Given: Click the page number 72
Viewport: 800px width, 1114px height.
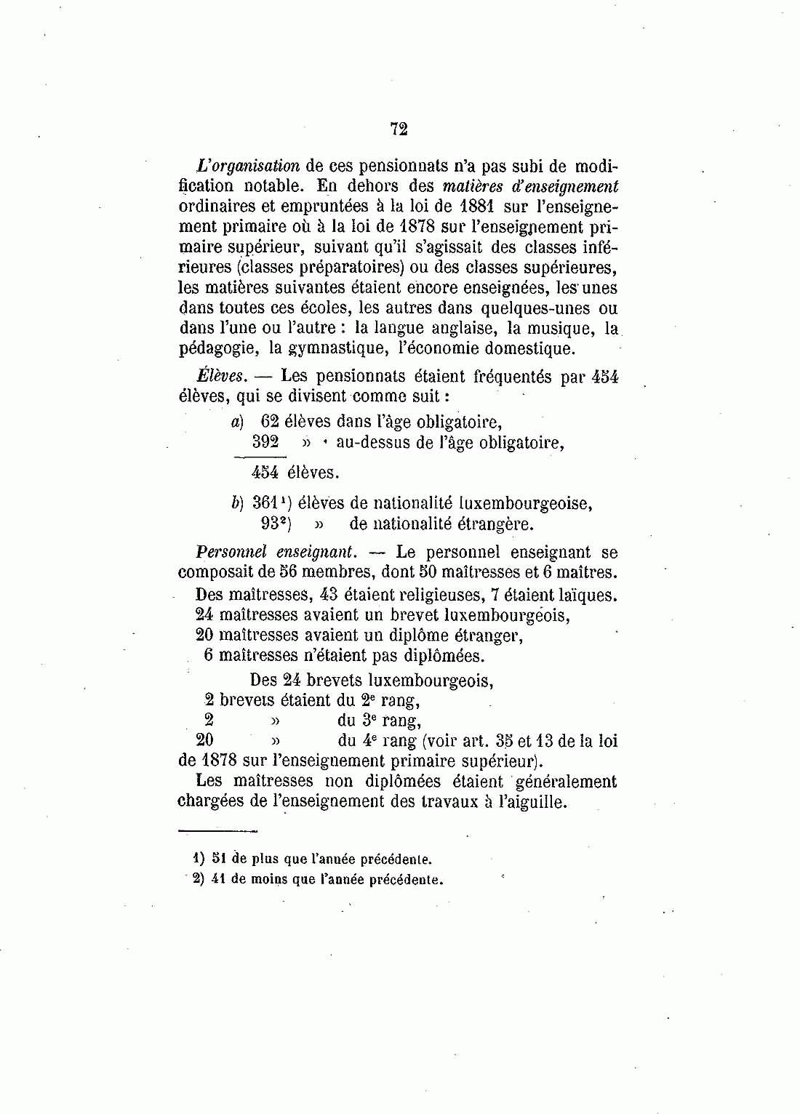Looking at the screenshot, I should click(399, 129).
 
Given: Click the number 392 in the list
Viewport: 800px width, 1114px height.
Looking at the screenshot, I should click(265, 441).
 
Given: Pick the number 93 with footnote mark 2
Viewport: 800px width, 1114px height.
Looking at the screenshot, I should click(269, 524).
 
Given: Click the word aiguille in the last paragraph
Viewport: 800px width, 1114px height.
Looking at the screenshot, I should click(533, 803).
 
